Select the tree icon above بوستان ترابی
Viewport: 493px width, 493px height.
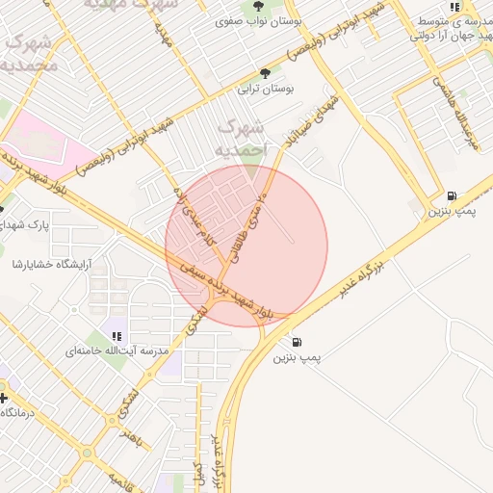pyautogui.click(x=265, y=73)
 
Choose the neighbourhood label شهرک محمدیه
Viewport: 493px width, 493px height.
pyautogui.click(x=29, y=53)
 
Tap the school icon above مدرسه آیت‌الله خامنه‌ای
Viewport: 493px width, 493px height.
pyautogui.click(x=117, y=336)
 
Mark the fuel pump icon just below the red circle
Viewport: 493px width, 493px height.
pyautogui.click(x=295, y=342)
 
